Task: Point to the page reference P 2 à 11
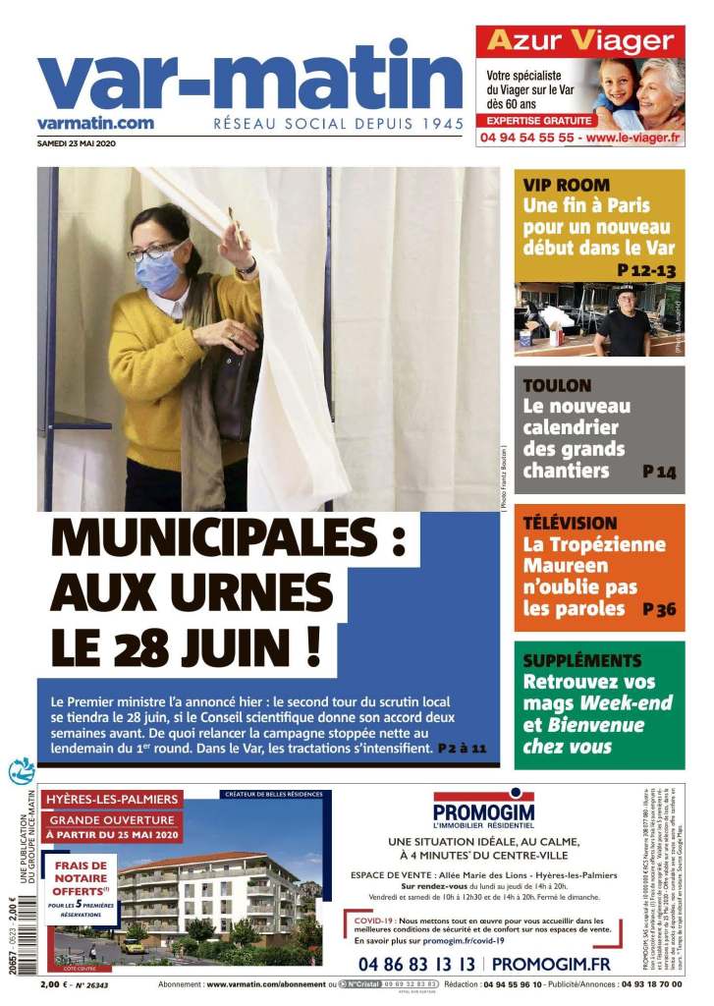point(462,749)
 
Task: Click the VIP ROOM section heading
point(567,185)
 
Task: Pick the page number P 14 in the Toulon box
point(659,473)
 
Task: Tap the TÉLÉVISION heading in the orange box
point(570,523)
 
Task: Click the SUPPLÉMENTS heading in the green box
point(582,660)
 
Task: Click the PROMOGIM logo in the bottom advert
point(483,811)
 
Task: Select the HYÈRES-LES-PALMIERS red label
point(112,799)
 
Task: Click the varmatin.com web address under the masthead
point(95,123)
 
